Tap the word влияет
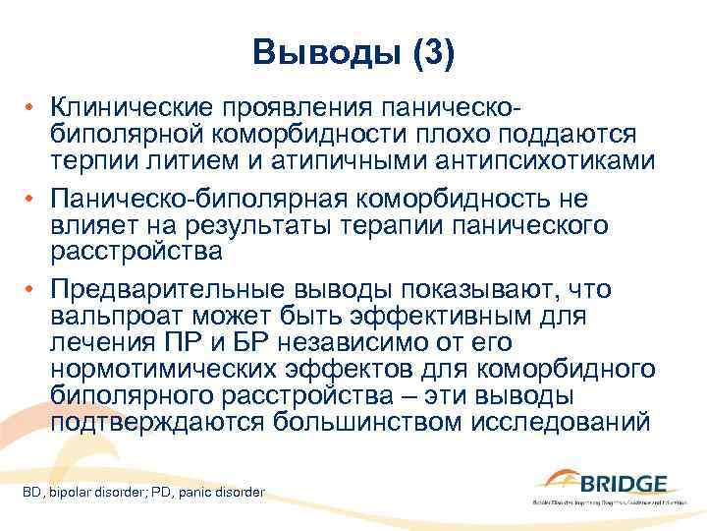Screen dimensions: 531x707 coord(85,225)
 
